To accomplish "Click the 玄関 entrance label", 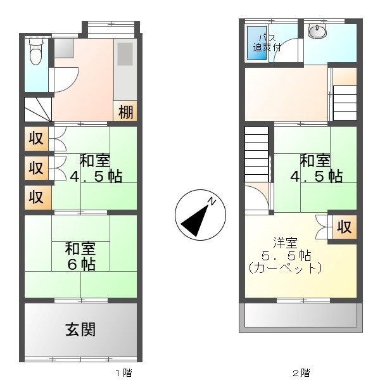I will [80, 330].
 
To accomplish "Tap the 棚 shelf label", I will [125, 112].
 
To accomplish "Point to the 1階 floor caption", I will [123, 372].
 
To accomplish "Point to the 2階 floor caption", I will [301, 372].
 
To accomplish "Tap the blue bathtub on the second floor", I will [256, 44].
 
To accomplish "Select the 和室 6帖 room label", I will [80, 255].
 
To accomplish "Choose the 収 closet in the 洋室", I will [344, 227].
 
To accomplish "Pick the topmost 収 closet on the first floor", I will [37, 139].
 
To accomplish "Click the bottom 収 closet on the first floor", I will [37, 197].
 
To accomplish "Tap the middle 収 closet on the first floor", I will [37, 168].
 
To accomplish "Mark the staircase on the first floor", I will [37, 110].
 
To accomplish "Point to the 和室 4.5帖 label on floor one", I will [96, 168].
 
